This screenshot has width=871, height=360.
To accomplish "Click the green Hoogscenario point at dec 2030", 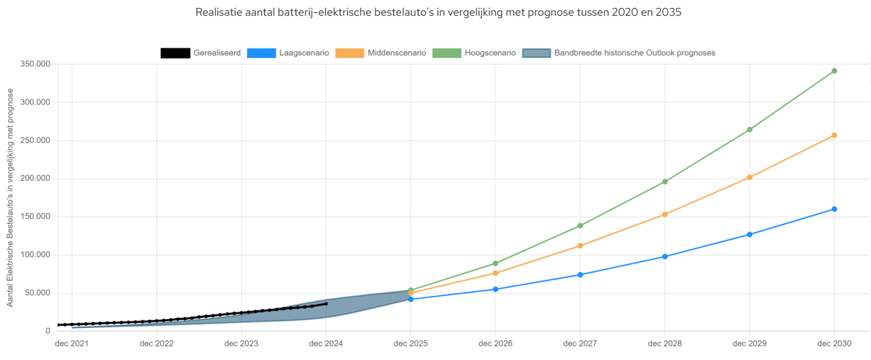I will tap(834, 71).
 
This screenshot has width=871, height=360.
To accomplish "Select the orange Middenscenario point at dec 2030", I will tap(834, 135).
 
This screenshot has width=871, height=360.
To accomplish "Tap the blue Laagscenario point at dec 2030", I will tap(834, 209).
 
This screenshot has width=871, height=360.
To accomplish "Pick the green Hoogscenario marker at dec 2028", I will tap(665, 182).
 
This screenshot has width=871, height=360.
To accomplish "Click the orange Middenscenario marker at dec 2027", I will tap(580, 246).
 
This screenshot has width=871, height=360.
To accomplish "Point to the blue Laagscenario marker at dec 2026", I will tap(495, 289).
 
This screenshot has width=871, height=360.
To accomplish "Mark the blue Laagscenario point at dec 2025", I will tap(410, 299).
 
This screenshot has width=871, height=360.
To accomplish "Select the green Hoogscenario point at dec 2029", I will tap(749, 129).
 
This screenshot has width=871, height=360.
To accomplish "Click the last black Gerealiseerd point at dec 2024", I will tap(326, 304).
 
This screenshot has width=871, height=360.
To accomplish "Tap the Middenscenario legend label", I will tap(397, 53).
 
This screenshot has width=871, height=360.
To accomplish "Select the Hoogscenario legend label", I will tap(490, 53).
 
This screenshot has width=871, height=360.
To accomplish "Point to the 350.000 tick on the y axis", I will tap(35, 64).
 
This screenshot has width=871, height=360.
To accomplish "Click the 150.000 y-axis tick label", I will tap(35, 217).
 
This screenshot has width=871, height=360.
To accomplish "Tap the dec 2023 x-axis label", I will tap(241, 344).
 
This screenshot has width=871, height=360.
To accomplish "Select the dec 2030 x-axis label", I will tap(834, 344).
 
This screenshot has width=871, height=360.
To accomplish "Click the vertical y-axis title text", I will tap(10, 197).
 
